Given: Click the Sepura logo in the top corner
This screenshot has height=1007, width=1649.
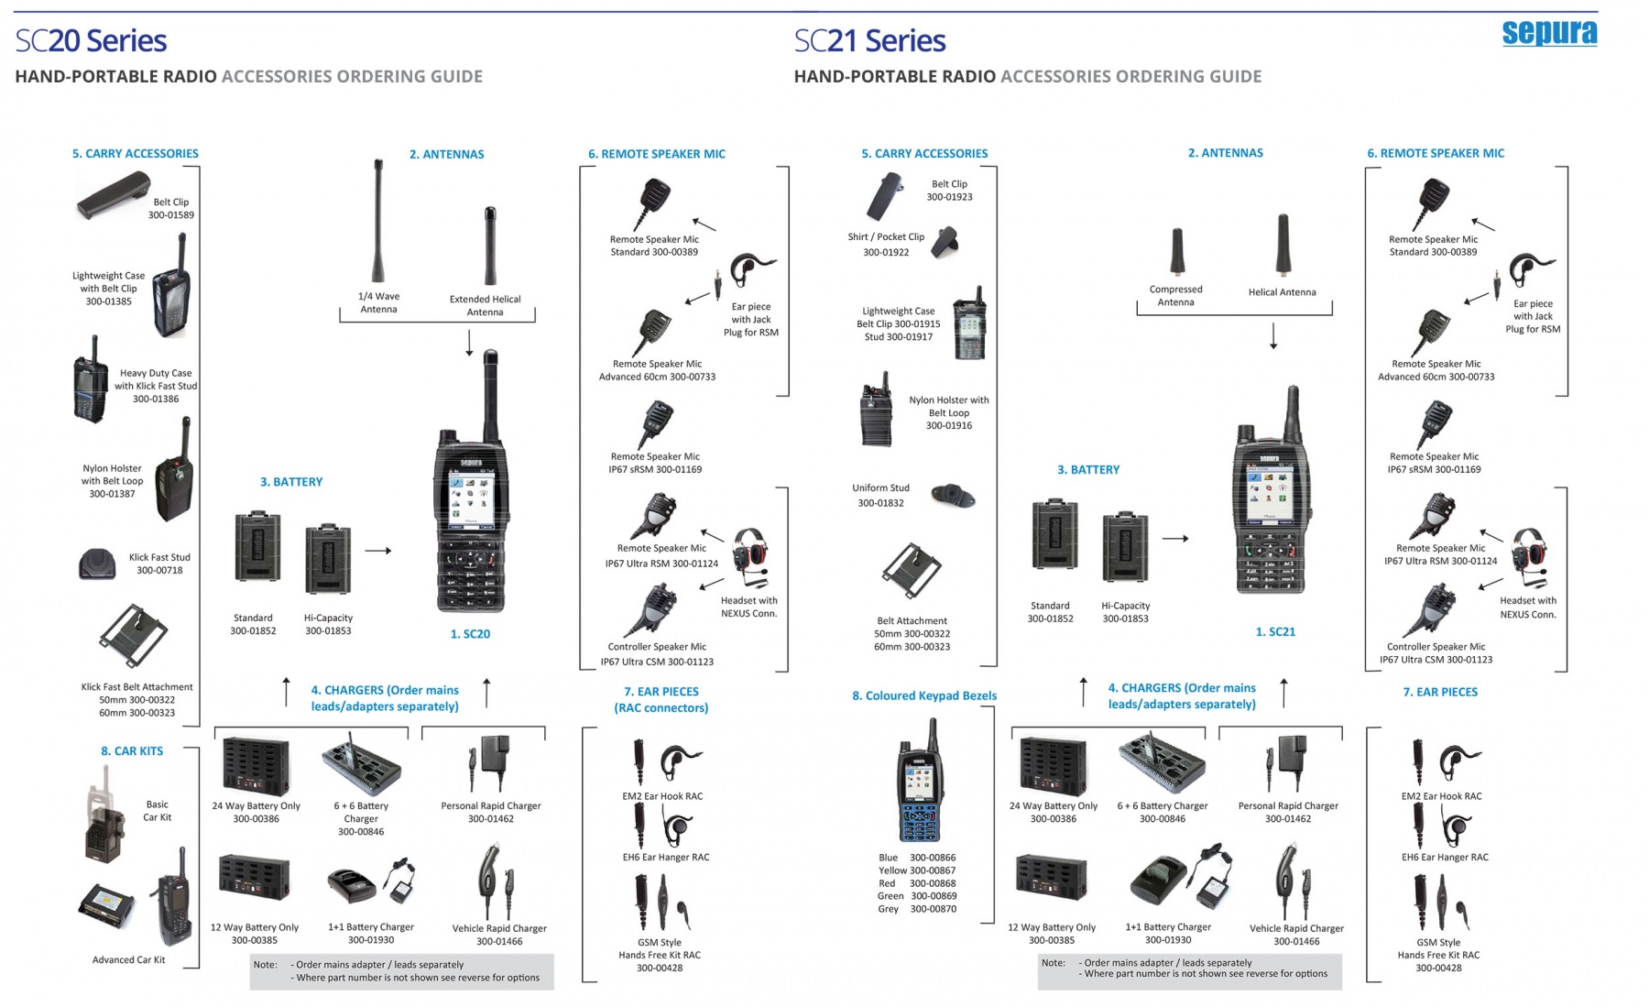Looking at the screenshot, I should coord(1549,33).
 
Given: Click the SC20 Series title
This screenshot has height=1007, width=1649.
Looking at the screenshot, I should coord(91,40).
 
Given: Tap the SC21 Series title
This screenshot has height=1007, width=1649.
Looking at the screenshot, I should coord(869,40).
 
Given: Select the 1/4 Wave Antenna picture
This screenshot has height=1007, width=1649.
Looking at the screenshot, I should coord(377,222).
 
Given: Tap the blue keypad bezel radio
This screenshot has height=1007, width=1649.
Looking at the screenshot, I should coord(920,782).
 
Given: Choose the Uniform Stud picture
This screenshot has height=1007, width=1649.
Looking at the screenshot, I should coord(953,496).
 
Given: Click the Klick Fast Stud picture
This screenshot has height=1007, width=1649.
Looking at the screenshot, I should coord(97,564).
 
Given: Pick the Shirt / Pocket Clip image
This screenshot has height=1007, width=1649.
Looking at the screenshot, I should coord(945,243).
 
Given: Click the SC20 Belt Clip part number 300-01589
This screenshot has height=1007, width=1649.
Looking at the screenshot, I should coord(171,215).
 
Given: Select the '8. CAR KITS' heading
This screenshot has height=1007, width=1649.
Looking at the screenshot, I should coord(132,750).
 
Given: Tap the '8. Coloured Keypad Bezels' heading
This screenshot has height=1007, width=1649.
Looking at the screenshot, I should coord(923,695).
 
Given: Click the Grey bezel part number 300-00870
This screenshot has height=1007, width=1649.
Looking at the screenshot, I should coord(933,909).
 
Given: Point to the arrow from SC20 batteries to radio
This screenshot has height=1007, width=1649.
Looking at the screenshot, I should coord(378,551).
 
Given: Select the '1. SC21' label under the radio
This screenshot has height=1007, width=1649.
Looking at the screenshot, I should coord(1275,631).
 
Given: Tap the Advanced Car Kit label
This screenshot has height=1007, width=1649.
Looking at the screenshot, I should coord(128,959).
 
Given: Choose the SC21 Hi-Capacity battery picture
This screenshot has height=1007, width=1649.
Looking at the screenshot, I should coord(1125,548).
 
